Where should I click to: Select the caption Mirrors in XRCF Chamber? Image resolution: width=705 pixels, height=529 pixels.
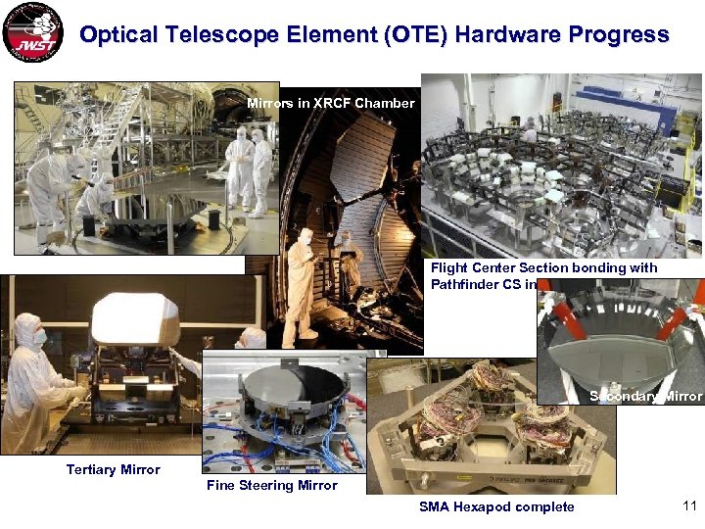tap(330, 103)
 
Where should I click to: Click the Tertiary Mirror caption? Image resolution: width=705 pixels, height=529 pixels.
tap(113, 469)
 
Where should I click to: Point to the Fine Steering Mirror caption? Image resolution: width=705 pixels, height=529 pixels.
tap(271, 485)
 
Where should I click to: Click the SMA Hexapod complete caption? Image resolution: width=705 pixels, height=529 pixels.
tap(496, 506)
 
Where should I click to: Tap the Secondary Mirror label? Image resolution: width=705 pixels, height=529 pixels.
tap(645, 396)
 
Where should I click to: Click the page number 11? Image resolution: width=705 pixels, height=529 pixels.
tap(687, 505)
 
